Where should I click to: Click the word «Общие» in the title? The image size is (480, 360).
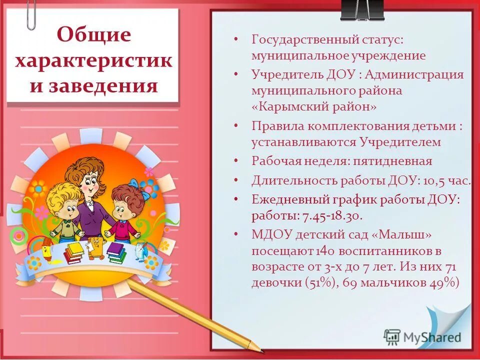coord(94,35)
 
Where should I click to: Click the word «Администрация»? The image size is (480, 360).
coord(414,74)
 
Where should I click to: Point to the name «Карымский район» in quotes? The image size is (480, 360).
coord(314,107)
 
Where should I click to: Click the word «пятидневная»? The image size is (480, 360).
coord(390,161)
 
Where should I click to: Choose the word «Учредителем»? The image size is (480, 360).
coord(400,142)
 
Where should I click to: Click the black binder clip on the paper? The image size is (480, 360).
coord(362,10)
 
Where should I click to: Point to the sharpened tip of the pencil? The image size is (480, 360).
coord(260,349)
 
